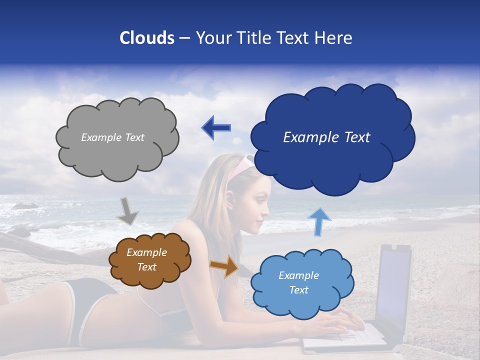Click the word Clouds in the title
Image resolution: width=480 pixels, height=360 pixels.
click(x=147, y=38)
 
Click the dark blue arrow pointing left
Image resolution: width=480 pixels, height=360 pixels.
click(x=216, y=127)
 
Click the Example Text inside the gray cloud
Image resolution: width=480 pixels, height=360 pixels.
click(x=112, y=137)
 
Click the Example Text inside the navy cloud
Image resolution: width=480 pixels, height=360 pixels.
click(x=326, y=137)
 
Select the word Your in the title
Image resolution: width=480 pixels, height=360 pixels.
click(x=212, y=38)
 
